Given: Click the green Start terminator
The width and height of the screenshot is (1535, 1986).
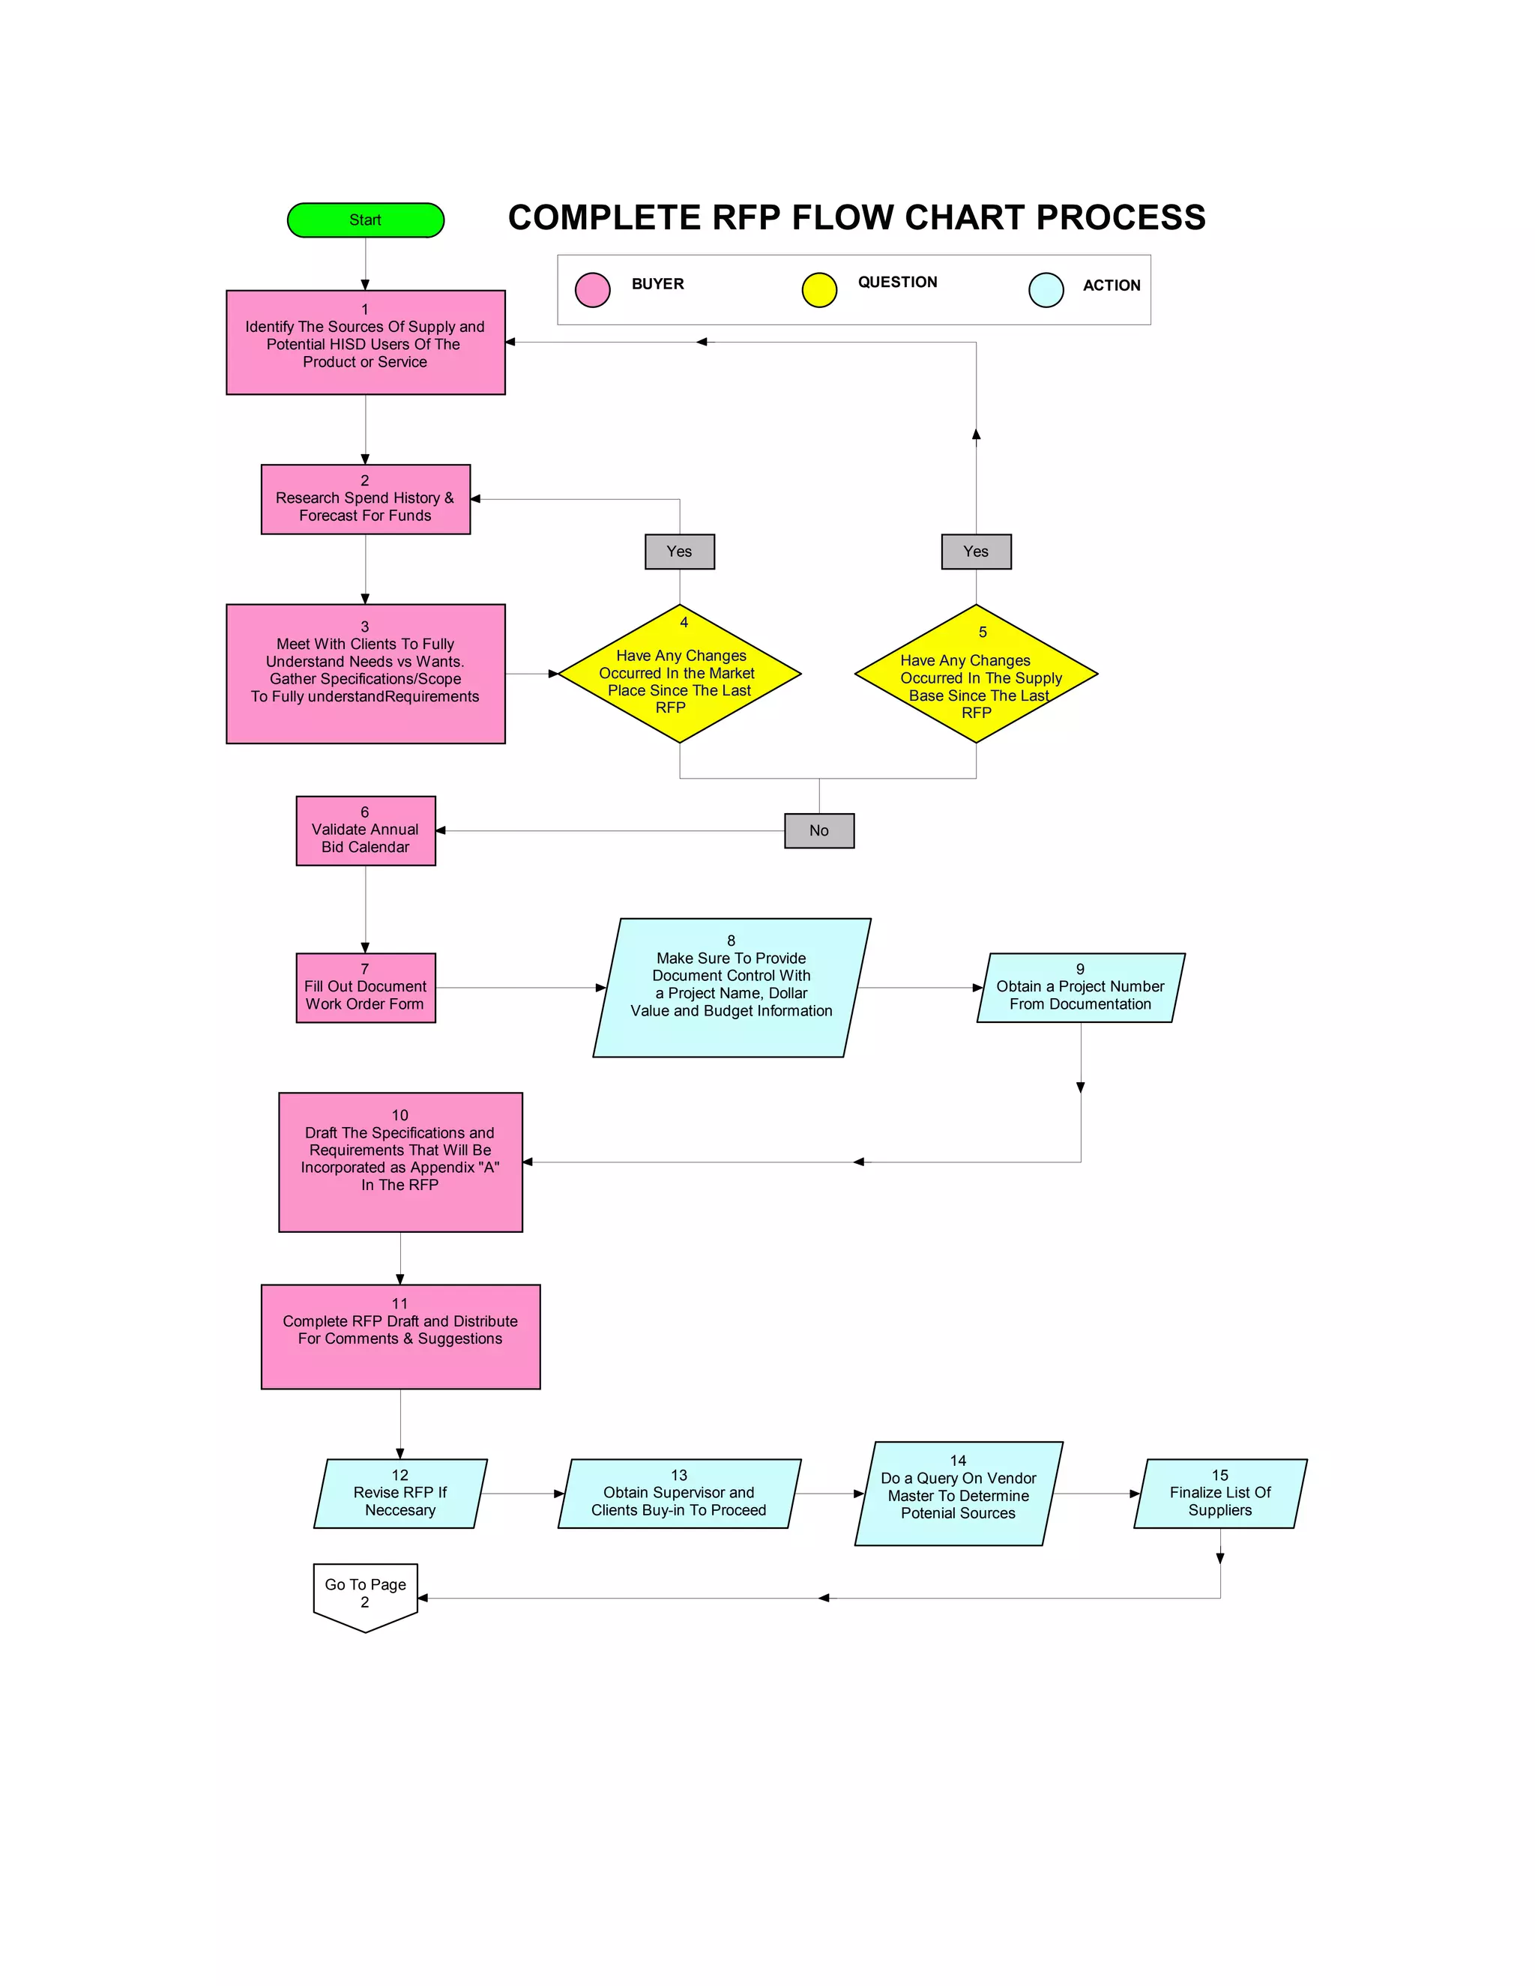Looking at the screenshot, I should tap(365, 220).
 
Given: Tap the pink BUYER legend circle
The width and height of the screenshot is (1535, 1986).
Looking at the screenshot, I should tap(592, 290).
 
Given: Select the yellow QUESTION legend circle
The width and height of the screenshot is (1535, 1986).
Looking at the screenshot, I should tap(818, 290).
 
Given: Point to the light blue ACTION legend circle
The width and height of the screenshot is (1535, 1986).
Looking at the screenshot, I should tap(1046, 290).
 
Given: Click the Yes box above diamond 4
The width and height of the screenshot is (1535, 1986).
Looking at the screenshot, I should tap(679, 551).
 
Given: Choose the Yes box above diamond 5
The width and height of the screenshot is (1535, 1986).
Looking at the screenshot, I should tap(976, 551).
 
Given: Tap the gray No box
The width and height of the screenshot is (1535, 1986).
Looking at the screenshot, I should tap(818, 830).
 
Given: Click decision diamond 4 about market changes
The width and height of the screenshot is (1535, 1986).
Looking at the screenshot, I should tap(679, 674).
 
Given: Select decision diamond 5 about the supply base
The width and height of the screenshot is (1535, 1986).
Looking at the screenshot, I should tap(976, 674).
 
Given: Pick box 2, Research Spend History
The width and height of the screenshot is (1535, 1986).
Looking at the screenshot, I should tap(366, 499).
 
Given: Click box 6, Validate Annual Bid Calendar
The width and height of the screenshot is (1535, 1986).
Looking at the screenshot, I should tap(366, 830).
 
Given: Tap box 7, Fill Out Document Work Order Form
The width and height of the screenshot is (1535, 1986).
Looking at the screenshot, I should tap(366, 988).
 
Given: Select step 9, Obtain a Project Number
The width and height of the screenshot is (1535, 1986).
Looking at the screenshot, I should tap(1080, 988).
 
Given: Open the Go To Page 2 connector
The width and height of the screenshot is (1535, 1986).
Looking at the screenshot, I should tap(366, 1596).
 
